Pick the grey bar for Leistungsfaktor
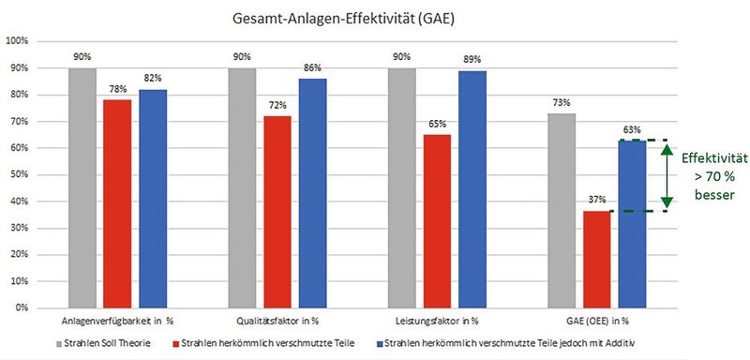pos(401,187)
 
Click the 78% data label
pos(117,90)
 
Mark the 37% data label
pos(596,200)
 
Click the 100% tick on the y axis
pos(17,41)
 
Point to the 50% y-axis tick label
pos(19,174)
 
